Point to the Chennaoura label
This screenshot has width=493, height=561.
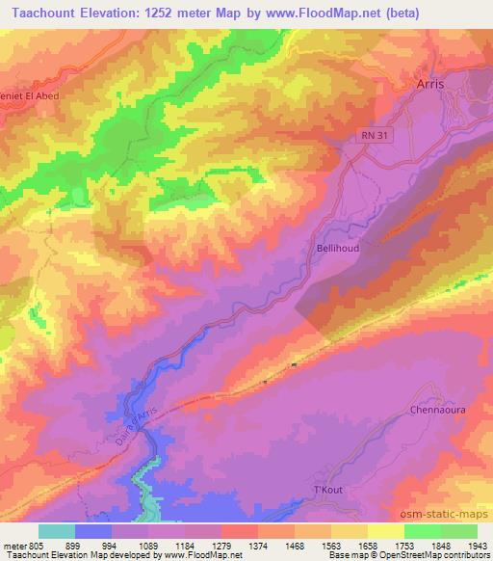[x=439, y=409]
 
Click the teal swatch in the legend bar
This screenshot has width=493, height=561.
[x=57, y=531]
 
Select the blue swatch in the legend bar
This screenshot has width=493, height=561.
[x=93, y=531]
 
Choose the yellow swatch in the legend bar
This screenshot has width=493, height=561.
[x=385, y=531]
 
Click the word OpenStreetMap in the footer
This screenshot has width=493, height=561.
[x=404, y=555]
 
